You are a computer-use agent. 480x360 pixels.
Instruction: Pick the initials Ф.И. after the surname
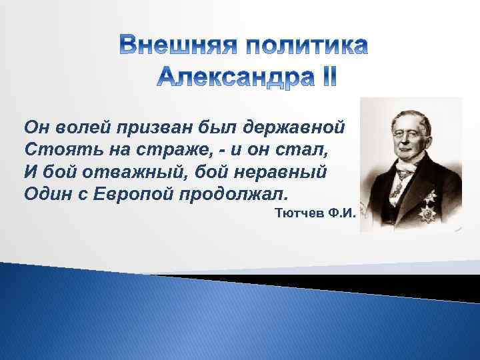click(x=339, y=213)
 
